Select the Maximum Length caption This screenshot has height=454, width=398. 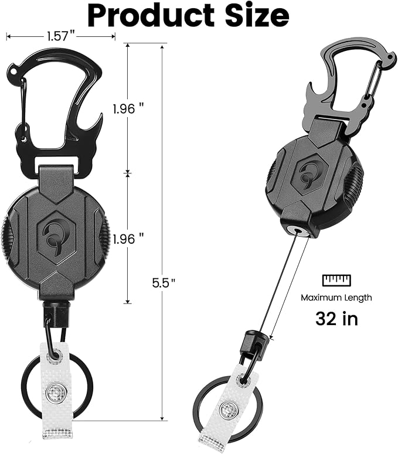336,297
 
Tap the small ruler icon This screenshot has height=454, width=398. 336,279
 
